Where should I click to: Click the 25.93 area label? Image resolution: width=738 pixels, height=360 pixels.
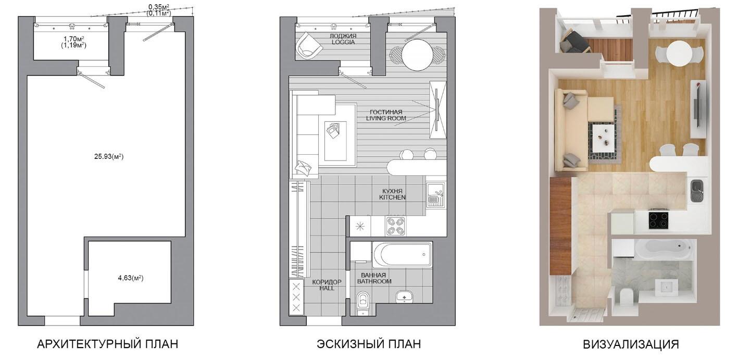109,157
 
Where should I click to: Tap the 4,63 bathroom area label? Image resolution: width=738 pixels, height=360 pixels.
131,278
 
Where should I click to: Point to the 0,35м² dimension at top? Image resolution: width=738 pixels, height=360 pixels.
159,7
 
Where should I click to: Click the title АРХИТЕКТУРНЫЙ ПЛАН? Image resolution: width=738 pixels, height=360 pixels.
107,344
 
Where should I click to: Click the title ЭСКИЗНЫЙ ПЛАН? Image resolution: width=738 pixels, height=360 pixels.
369,344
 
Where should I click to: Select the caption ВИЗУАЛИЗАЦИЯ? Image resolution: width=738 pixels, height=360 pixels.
631,344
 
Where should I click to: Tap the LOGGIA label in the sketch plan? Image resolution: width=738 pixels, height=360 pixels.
343,42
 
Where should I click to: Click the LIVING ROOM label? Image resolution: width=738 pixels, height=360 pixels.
386,118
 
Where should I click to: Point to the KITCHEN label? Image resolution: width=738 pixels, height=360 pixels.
392,197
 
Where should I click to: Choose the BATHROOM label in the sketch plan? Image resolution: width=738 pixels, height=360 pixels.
374,281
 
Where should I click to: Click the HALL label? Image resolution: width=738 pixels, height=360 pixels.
327,288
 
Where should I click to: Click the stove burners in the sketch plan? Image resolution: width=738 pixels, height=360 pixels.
395,226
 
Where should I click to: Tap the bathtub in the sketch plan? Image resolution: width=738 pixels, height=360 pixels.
402,255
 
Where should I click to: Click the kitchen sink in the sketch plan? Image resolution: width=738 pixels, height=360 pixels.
436,194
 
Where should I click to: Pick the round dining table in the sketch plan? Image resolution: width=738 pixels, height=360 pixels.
417,55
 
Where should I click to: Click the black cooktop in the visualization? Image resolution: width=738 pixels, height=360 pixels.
659,220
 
